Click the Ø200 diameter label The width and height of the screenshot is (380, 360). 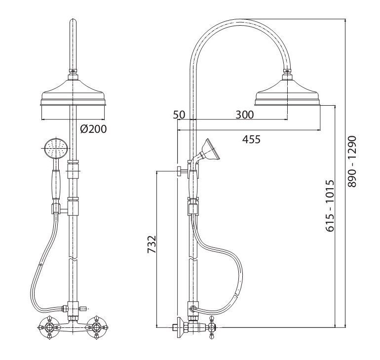pyautogui.click(x=93, y=129)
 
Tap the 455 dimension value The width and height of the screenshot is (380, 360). pyautogui.click(x=251, y=139)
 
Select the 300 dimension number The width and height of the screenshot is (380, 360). pyautogui.click(x=244, y=115)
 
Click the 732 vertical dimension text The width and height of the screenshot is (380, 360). pyautogui.click(x=152, y=245)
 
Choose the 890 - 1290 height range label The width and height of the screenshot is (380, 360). pyautogui.click(x=352, y=161)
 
